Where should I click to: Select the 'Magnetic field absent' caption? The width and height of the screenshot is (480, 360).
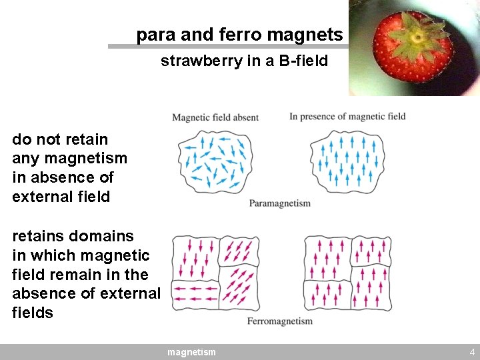tap(215, 118)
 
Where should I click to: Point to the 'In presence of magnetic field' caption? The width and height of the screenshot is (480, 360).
tap(347, 117)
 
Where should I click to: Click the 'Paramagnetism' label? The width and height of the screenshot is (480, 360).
tap(279, 203)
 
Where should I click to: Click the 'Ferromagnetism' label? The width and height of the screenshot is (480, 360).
tap(279, 321)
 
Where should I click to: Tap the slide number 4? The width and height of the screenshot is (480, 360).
tap(472, 352)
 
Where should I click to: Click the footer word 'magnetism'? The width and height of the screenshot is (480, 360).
tap(191, 352)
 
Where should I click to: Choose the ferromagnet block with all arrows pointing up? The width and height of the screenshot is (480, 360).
tap(347, 273)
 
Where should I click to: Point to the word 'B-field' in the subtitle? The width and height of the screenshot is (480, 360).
tap(303, 61)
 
